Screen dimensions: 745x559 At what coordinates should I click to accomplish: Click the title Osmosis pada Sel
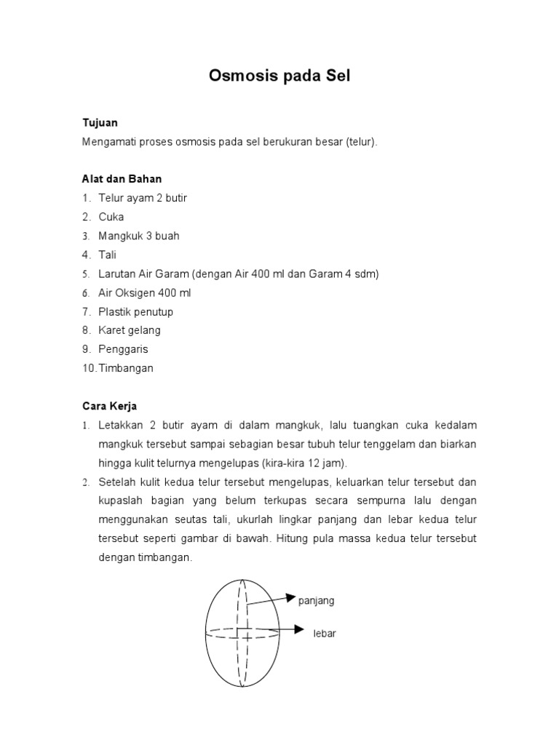coord(279,76)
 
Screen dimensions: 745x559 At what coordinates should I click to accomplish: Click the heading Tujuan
coord(100,123)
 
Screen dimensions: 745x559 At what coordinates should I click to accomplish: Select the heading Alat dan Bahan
coord(122,179)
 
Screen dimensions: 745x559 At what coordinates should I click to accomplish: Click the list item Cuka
coord(111,217)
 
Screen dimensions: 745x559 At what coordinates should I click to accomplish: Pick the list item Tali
coord(108,255)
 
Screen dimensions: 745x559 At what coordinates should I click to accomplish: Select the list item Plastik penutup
coord(136,311)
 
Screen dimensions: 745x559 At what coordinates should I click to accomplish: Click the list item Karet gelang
coord(130,330)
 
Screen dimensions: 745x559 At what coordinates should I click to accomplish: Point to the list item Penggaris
coord(123,349)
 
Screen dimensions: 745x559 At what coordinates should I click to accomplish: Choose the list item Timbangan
coord(126,368)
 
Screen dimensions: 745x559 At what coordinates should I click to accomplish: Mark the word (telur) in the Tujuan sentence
coord(362,142)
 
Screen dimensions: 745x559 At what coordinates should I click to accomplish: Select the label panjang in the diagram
coord(317,601)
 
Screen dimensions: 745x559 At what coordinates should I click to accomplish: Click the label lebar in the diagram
coord(325,634)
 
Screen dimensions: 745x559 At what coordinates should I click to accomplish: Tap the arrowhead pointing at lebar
coord(299,628)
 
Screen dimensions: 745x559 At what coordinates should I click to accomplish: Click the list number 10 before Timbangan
coord(88,368)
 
